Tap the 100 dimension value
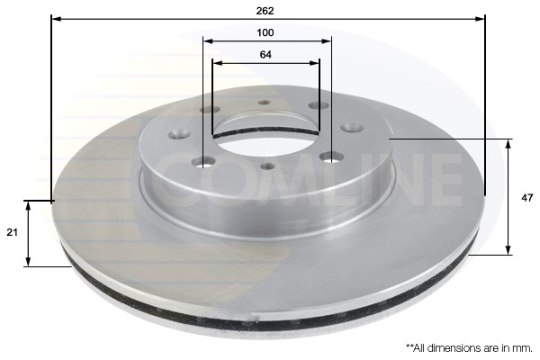coord(265,32)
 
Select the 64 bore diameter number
coord(265,54)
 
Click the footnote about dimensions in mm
coord(469,346)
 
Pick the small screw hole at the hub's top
coord(265,103)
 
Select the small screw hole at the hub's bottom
coord(266,165)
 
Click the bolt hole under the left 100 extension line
coord(205,163)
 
